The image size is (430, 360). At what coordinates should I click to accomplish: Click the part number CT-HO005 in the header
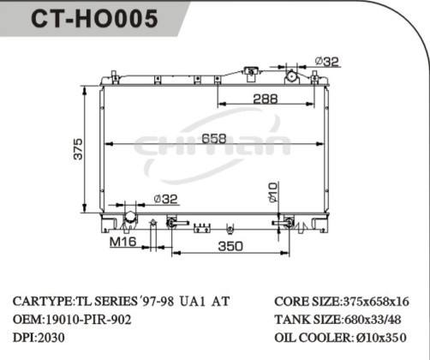click(94, 18)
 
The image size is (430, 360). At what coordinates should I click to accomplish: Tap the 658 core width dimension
click(214, 139)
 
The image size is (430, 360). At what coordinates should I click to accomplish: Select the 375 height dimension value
click(78, 149)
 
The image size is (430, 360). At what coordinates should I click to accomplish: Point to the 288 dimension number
click(266, 99)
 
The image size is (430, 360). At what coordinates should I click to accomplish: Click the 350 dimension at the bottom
click(230, 246)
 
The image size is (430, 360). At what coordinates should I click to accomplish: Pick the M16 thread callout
click(123, 242)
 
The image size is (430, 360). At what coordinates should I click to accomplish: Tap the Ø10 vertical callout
click(273, 193)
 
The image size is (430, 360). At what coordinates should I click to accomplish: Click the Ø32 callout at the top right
click(327, 62)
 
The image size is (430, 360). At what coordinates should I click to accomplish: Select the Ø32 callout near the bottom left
click(165, 199)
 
